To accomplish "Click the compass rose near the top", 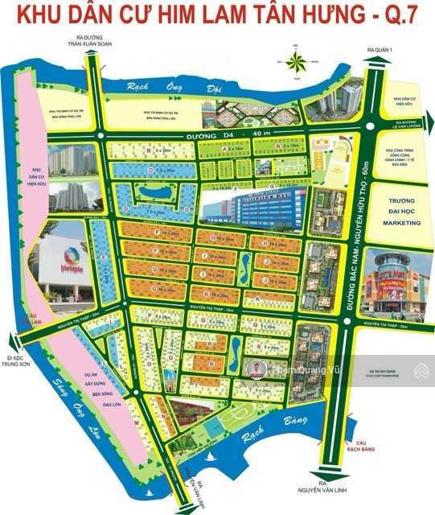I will tap(298, 63).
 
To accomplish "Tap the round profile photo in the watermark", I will tap(256, 370).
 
